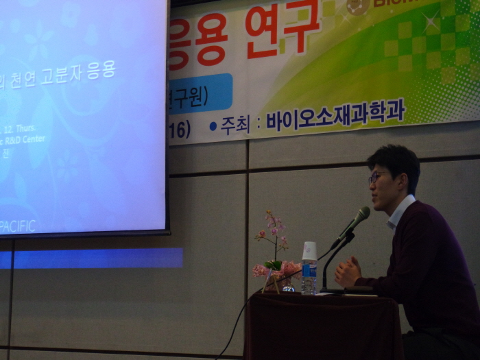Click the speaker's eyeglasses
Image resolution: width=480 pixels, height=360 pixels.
(376, 177)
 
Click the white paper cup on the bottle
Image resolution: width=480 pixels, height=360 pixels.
(309, 250)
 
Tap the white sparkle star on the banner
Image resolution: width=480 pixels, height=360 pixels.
(431, 22)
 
